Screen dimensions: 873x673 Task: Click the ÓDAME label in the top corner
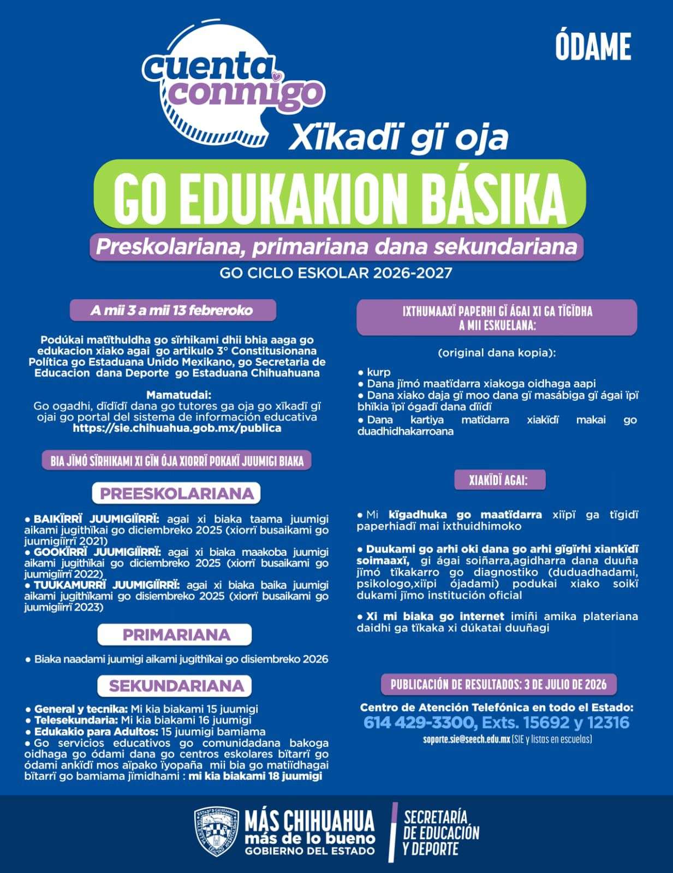593,46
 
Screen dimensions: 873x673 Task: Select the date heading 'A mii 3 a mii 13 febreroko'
172,311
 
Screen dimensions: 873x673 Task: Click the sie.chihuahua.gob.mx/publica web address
177,429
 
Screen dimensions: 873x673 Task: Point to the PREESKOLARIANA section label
177,494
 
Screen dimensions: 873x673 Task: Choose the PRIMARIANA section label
176,635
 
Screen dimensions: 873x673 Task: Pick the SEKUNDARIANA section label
176,686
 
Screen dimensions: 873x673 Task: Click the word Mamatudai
178,395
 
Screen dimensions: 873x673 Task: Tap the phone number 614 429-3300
419,723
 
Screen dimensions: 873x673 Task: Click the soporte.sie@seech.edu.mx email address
466,739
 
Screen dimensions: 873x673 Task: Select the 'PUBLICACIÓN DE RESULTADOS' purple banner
498,684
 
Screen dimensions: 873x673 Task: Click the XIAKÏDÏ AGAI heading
498,480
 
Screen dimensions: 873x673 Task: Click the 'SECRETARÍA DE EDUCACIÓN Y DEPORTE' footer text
441,833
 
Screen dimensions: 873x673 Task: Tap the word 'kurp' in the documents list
379,372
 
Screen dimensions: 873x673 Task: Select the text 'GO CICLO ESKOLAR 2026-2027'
336,273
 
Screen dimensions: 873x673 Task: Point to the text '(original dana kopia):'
497,353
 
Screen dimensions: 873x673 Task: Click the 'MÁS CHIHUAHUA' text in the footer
309,821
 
